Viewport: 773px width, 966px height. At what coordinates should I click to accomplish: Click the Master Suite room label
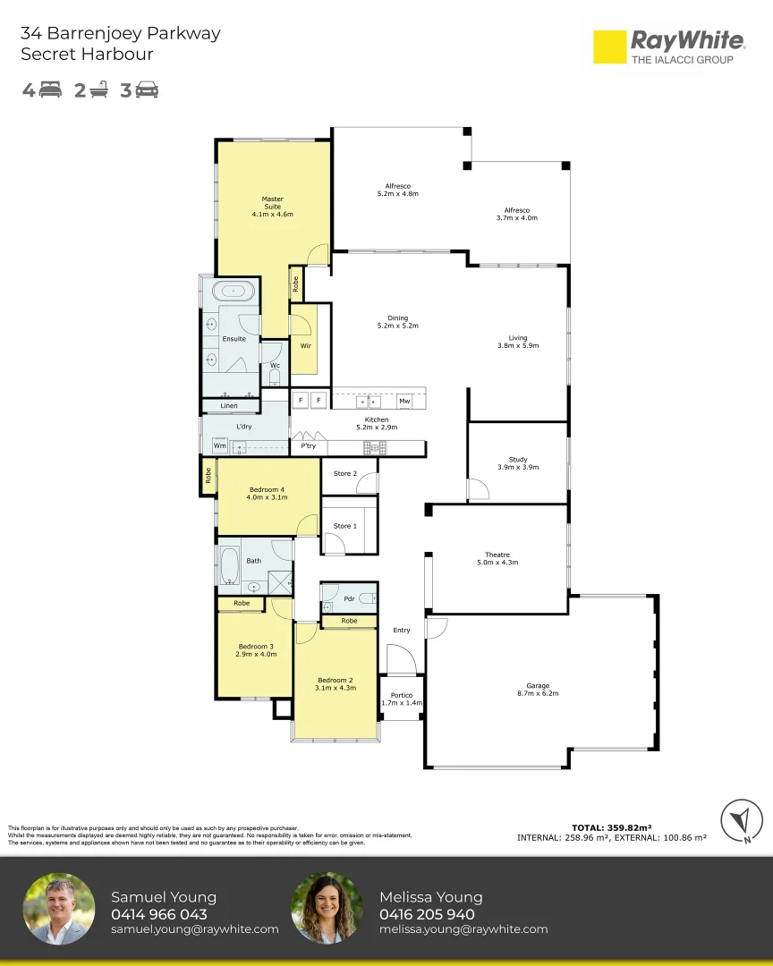point(273,203)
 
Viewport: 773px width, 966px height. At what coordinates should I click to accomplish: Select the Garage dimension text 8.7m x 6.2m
point(538,694)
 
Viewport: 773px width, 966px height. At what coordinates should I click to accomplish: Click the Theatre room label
point(497,555)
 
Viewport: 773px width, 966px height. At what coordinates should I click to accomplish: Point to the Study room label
point(518,460)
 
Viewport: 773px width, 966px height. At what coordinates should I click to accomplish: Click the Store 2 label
point(345,473)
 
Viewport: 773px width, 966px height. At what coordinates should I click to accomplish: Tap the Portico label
point(402,695)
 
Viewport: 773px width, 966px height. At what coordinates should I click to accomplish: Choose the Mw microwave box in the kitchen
point(404,401)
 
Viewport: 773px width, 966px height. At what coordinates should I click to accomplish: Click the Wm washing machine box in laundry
point(220,445)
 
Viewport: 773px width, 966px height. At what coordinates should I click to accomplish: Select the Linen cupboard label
point(229,405)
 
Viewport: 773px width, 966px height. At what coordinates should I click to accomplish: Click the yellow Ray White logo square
point(609,47)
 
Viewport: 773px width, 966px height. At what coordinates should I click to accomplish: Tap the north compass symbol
point(742,820)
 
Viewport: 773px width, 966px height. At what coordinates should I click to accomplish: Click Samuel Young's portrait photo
point(59,908)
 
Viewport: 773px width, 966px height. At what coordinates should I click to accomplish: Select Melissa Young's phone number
point(427,914)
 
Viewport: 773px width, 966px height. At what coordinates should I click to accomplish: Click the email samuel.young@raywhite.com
point(195,929)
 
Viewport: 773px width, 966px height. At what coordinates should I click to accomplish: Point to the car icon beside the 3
point(147,90)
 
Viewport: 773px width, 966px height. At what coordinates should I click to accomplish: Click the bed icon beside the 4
point(50,90)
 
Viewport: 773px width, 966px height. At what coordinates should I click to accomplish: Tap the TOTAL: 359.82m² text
point(611,828)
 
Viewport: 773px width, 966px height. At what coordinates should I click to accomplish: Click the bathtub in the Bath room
point(230,564)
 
